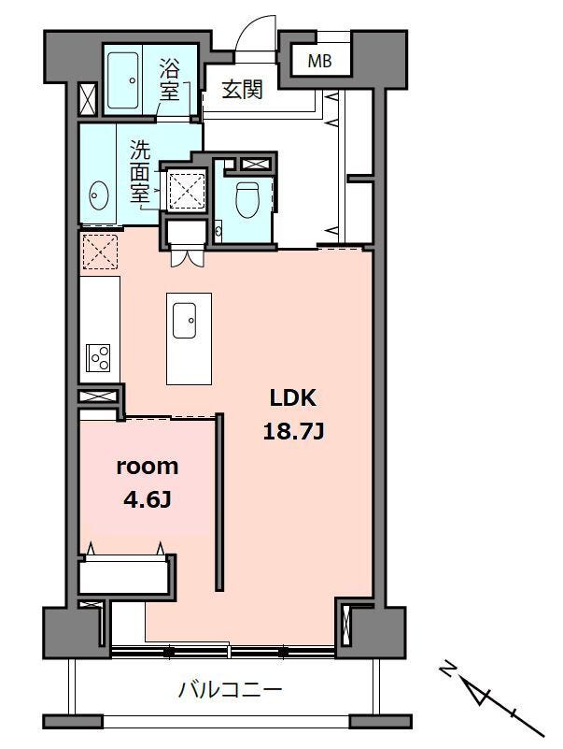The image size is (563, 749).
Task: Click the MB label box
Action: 320,61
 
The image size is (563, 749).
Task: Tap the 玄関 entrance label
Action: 243,90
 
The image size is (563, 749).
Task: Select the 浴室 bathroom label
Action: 170,79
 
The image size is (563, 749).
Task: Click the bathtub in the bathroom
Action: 123,80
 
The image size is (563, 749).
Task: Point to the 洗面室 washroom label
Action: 140,170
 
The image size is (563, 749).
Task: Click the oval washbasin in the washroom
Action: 99,195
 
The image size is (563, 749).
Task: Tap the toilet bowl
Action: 247,199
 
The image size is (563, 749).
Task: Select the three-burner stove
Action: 98,357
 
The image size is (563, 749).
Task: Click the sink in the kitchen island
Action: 184,320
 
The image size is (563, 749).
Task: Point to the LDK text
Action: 293,397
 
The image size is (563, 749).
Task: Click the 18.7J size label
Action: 294,432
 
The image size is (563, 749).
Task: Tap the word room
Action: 148,467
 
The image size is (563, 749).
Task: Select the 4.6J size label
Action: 148,500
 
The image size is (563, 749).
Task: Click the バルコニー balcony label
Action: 231,690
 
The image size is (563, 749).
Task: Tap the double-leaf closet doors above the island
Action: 187,257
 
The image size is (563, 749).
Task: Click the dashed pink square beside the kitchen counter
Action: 100,252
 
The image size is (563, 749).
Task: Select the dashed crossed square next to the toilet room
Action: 187,191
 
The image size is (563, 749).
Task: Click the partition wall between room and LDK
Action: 219,501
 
